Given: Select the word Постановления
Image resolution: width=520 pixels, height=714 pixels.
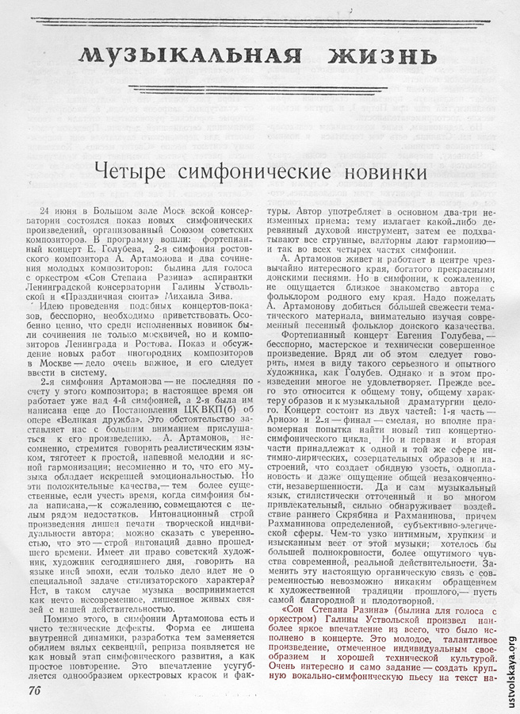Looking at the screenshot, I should [x=146, y=409].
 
